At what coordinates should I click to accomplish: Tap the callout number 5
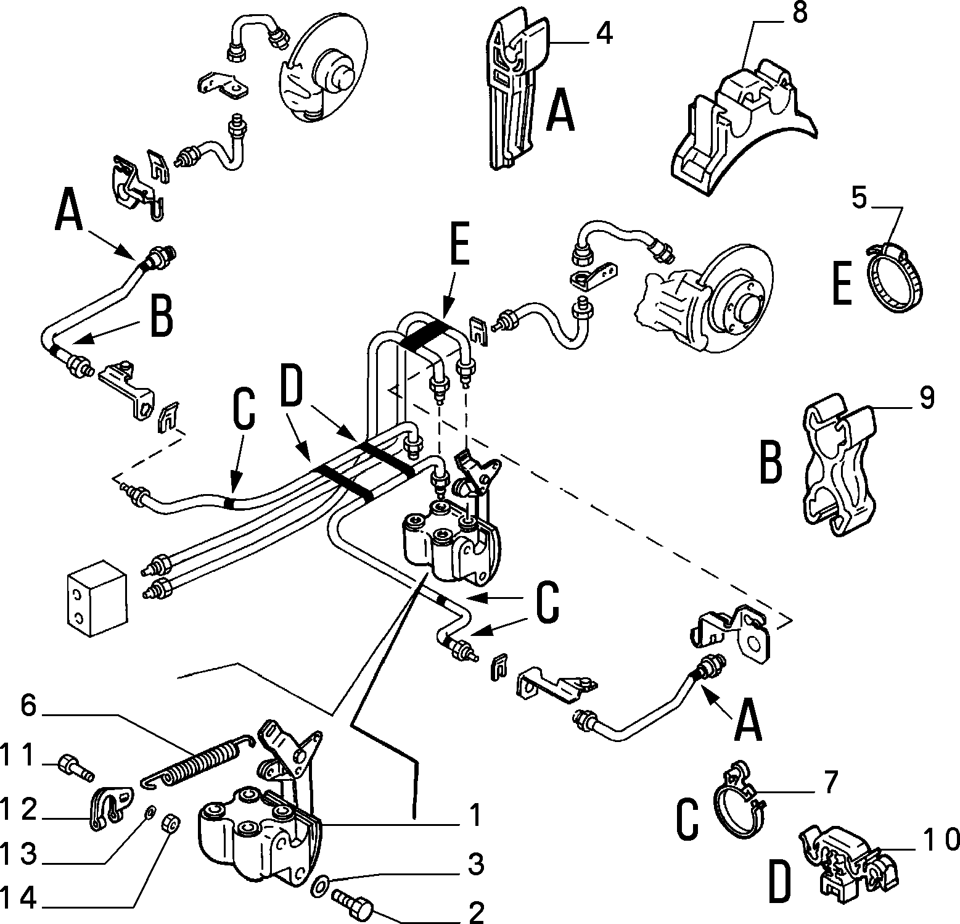pyautogui.click(x=859, y=199)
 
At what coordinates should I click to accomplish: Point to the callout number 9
pyautogui.click(x=926, y=398)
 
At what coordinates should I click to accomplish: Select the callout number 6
pyautogui.click(x=29, y=706)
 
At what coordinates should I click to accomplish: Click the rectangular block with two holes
pyautogui.click(x=96, y=598)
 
